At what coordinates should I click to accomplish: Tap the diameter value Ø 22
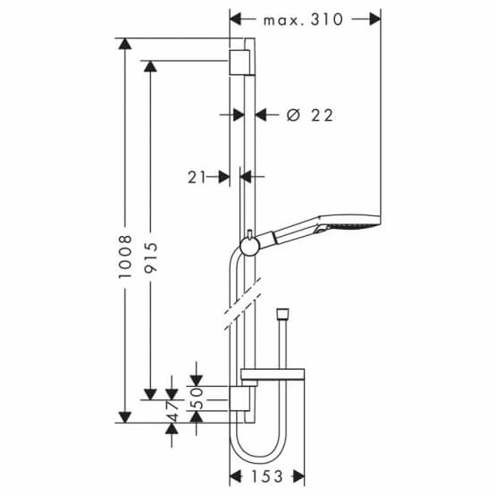pos(310,114)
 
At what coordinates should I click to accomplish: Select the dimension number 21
pos(198,178)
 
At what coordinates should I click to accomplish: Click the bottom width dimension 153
pos(268,476)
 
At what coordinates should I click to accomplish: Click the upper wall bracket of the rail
pos(240,62)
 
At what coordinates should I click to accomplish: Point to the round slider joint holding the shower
pos(248,243)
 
